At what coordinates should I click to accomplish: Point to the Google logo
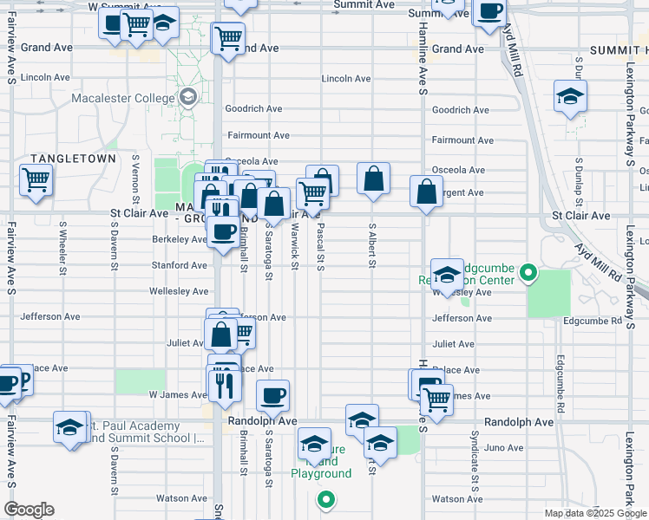29,510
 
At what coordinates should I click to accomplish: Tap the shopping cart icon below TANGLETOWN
36,180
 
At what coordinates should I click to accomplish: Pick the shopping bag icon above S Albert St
373,179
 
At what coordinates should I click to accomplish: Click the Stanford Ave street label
179,265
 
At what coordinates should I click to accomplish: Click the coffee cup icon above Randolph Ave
273,395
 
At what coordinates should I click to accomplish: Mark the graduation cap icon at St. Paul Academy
69,427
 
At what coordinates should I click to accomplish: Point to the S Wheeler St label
62,246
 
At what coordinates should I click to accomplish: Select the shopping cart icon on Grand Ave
228,37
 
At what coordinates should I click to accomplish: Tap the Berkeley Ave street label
179,239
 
